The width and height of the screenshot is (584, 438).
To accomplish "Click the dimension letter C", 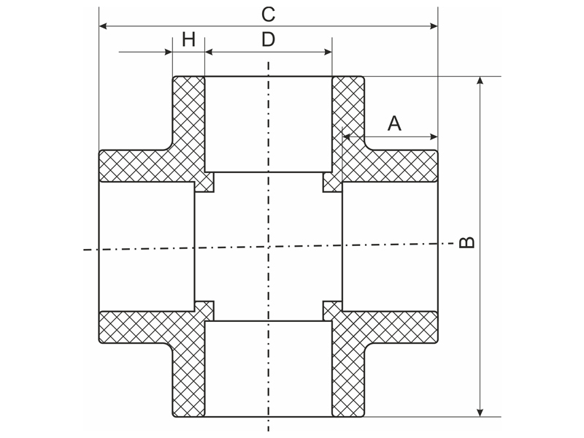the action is (x=268, y=15).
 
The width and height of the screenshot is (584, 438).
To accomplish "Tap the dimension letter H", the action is (x=189, y=39).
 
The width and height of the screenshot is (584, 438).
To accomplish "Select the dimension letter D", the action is (x=268, y=39).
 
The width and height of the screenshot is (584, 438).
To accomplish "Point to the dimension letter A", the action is (x=394, y=123).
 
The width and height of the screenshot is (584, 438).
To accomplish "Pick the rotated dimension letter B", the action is (x=466, y=242).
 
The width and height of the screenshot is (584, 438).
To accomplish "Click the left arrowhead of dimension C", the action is (x=104, y=26).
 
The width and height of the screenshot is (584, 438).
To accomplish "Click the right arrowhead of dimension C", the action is (x=434, y=26).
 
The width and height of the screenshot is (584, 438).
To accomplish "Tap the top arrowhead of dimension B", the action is (x=480, y=81).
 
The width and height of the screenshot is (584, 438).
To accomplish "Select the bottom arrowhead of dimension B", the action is (x=480, y=412).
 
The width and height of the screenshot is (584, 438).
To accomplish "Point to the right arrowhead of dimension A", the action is (x=434, y=137).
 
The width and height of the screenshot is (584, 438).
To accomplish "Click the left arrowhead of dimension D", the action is (x=209, y=52).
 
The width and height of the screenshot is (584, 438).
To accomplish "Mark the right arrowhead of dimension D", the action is (x=328, y=52).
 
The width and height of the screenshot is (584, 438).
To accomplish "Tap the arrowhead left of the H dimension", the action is (x=169, y=52).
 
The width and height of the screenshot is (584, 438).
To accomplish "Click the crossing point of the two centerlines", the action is (x=268, y=247).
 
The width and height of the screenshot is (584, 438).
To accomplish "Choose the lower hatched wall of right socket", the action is (x=391, y=326).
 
